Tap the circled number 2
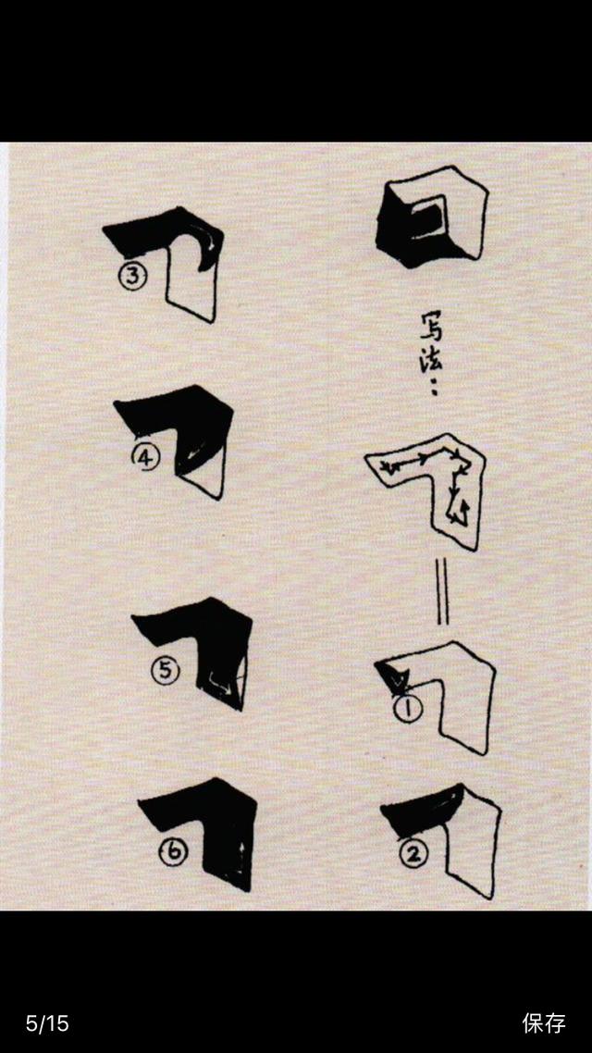(413, 855)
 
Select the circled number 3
(133, 277)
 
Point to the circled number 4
(145, 459)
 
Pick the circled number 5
(166, 670)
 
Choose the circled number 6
(173, 852)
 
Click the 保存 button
(544, 1022)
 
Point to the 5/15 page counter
(47, 1023)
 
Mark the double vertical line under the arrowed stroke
(442, 592)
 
